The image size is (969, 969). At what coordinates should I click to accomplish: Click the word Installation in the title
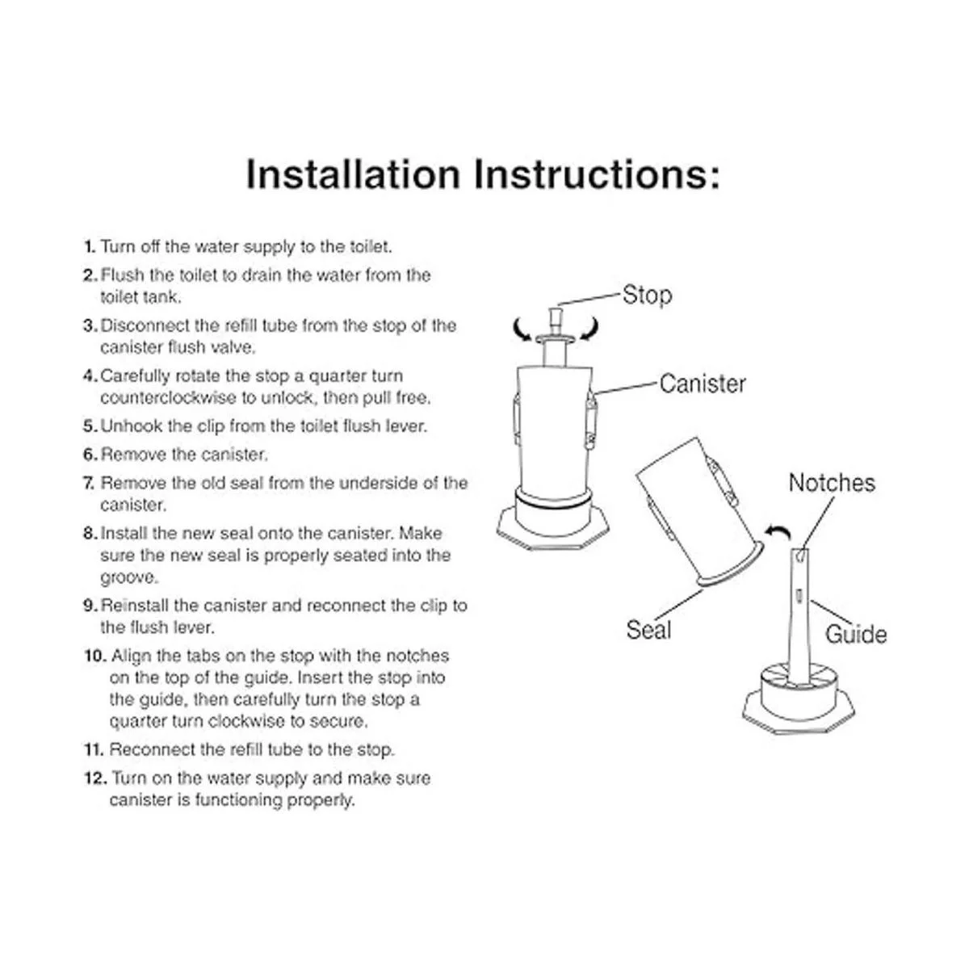(x=353, y=174)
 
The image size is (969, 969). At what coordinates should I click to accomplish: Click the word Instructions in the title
(x=597, y=174)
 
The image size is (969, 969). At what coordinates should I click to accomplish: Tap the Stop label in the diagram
(x=647, y=296)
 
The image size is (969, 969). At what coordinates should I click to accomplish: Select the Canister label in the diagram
(x=703, y=384)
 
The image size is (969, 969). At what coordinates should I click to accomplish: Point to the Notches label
(x=832, y=483)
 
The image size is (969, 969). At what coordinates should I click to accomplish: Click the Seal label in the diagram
(x=648, y=630)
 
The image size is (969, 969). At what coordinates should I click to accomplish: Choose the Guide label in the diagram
(x=856, y=634)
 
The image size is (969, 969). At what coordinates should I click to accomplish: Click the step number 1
(x=89, y=247)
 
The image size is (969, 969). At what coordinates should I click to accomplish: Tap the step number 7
(x=89, y=483)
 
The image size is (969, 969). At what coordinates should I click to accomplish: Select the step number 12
(x=95, y=778)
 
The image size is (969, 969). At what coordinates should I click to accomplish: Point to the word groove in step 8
(x=129, y=578)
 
